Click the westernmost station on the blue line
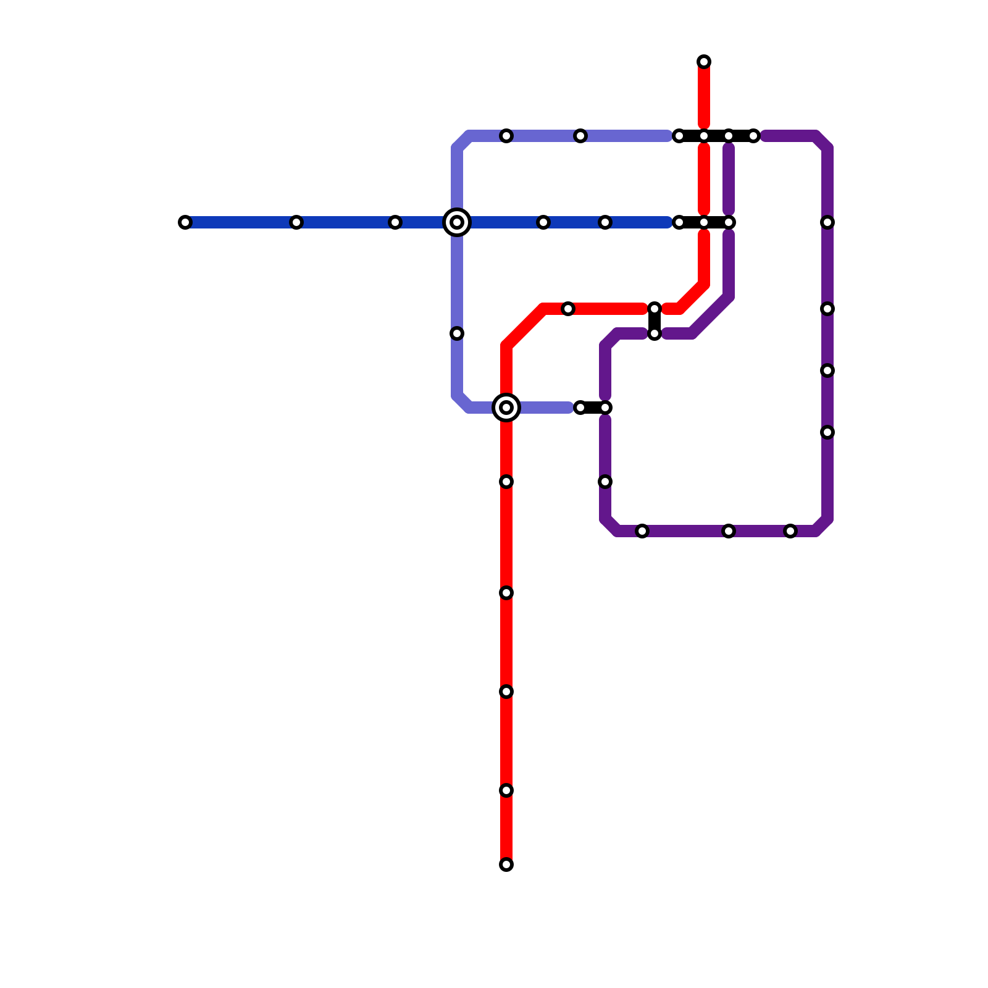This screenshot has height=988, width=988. point(185,222)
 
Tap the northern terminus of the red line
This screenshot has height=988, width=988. point(704,62)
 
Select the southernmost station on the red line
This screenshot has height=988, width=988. point(506,865)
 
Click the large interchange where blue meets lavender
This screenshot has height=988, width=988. point(457,222)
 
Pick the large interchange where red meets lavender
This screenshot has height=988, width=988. point(506,408)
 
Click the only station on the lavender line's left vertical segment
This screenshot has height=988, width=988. point(457,333)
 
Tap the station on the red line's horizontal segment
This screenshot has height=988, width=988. point(568,309)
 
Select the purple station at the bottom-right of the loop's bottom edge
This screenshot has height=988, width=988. point(790,531)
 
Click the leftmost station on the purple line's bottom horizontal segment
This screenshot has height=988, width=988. point(642,531)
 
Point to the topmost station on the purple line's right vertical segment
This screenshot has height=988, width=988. point(827,222)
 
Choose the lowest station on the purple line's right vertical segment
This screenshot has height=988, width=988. point(827,432)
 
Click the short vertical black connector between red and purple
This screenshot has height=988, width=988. point(655,321)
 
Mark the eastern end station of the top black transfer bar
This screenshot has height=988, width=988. point(753,136)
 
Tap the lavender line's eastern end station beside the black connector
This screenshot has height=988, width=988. point(580,408)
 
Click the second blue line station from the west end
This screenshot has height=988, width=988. point(296,222)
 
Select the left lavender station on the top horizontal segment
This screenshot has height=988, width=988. point(506,136)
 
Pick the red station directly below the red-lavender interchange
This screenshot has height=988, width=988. point(506,482)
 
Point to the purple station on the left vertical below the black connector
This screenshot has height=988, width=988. point(605,482)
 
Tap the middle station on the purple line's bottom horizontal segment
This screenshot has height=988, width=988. point(729,531)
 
